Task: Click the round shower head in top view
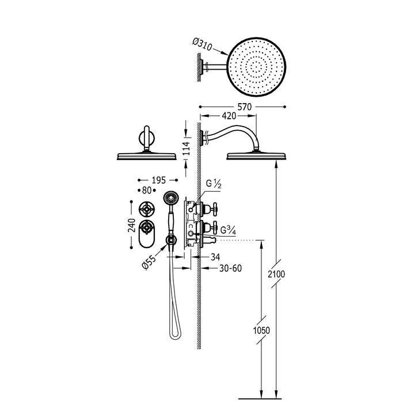click(x=256, y=65)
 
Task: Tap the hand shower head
click(x=171, y=197)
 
